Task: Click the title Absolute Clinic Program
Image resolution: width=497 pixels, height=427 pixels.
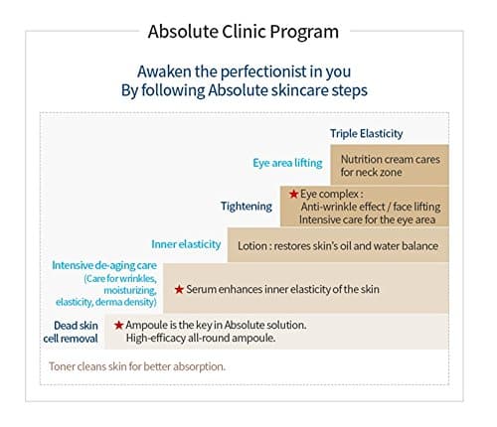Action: tap(243, 31)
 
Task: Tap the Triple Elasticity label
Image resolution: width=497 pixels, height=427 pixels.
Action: tap(367, 133)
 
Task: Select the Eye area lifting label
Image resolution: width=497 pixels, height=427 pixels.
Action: tap(289, 162)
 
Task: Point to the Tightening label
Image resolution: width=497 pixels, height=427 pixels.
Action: tap(247, 206)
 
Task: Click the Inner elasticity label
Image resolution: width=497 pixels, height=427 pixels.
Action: tap(185, 243)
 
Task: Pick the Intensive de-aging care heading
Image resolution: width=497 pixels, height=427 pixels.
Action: tap(104, 266)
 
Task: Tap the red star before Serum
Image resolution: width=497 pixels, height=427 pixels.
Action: tap(179, 289)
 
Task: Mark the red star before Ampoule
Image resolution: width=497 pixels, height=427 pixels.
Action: tap(119, 325)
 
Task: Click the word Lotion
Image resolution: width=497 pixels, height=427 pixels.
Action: tap(253, 244)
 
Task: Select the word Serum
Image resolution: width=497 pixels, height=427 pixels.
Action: tap(204, 289)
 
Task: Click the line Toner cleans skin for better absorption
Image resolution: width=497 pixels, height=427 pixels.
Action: tap(137, 366)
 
